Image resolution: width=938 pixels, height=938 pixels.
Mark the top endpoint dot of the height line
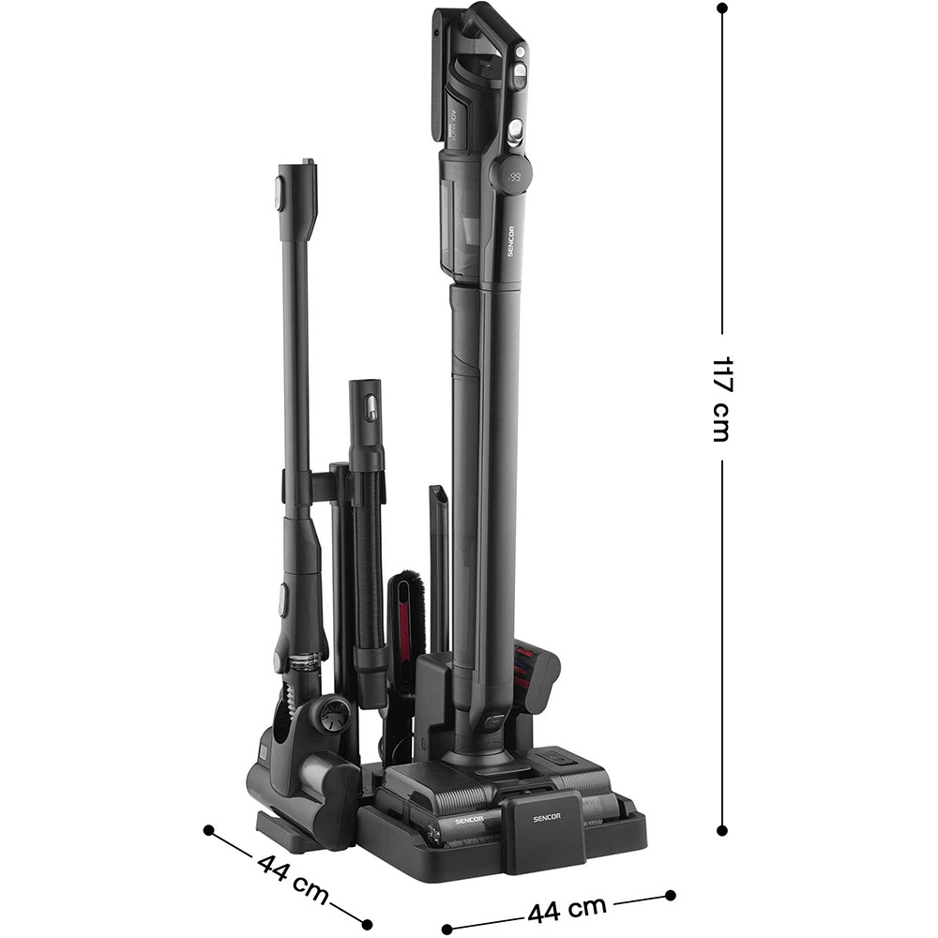[721, 8]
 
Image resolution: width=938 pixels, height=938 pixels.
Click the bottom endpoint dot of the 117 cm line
[721, 829]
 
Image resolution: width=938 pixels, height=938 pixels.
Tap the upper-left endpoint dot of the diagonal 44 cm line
[209, 830]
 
